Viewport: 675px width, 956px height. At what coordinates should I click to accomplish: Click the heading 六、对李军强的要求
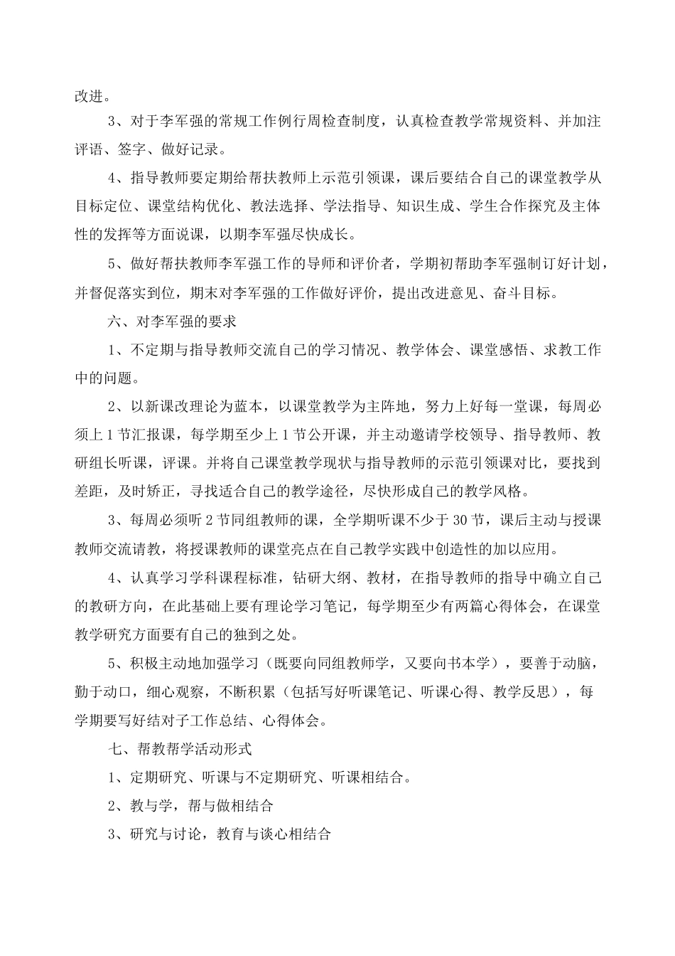[x=173, y=322]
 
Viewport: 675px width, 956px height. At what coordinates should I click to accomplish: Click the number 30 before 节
[x=460, y=521]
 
